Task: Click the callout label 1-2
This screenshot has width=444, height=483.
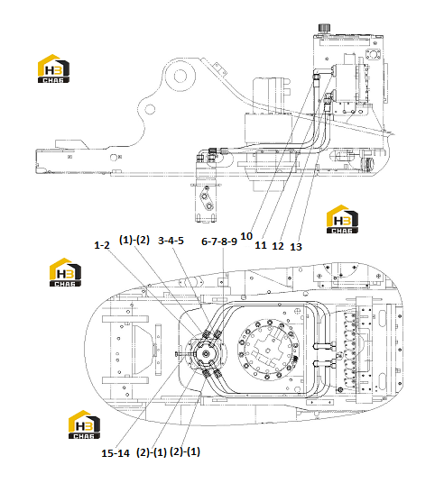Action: [101, 245]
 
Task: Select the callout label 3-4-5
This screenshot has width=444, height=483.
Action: [171, 241]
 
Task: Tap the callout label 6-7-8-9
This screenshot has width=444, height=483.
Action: [219, 241]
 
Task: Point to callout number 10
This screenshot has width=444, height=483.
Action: [246, 236]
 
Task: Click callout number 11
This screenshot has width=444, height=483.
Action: [261, 245]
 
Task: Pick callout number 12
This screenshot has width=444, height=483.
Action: [278, 246]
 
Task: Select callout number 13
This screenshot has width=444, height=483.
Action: [296, 247]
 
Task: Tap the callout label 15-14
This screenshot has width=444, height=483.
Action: [116, 453]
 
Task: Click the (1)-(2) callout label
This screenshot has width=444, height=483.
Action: [134, 240]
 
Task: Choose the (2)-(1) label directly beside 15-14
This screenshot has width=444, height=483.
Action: [152, 452]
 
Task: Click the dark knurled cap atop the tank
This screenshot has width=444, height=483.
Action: [324, 28]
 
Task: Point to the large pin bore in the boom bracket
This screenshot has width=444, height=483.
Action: [180, 76]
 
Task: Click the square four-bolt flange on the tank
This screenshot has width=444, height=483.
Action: [373, 55]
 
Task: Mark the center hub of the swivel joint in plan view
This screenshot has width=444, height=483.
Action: [206, 354]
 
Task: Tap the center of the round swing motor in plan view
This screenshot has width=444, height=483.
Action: [268, 350]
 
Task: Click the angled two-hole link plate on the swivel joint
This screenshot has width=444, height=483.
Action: [207, 201]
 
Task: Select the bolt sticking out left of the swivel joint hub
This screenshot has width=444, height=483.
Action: [182, 354]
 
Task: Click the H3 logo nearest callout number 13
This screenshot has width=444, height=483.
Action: [342, 219]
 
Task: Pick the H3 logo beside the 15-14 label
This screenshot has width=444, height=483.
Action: [84, 424]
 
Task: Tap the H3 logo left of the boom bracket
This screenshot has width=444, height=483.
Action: [53, 68]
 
